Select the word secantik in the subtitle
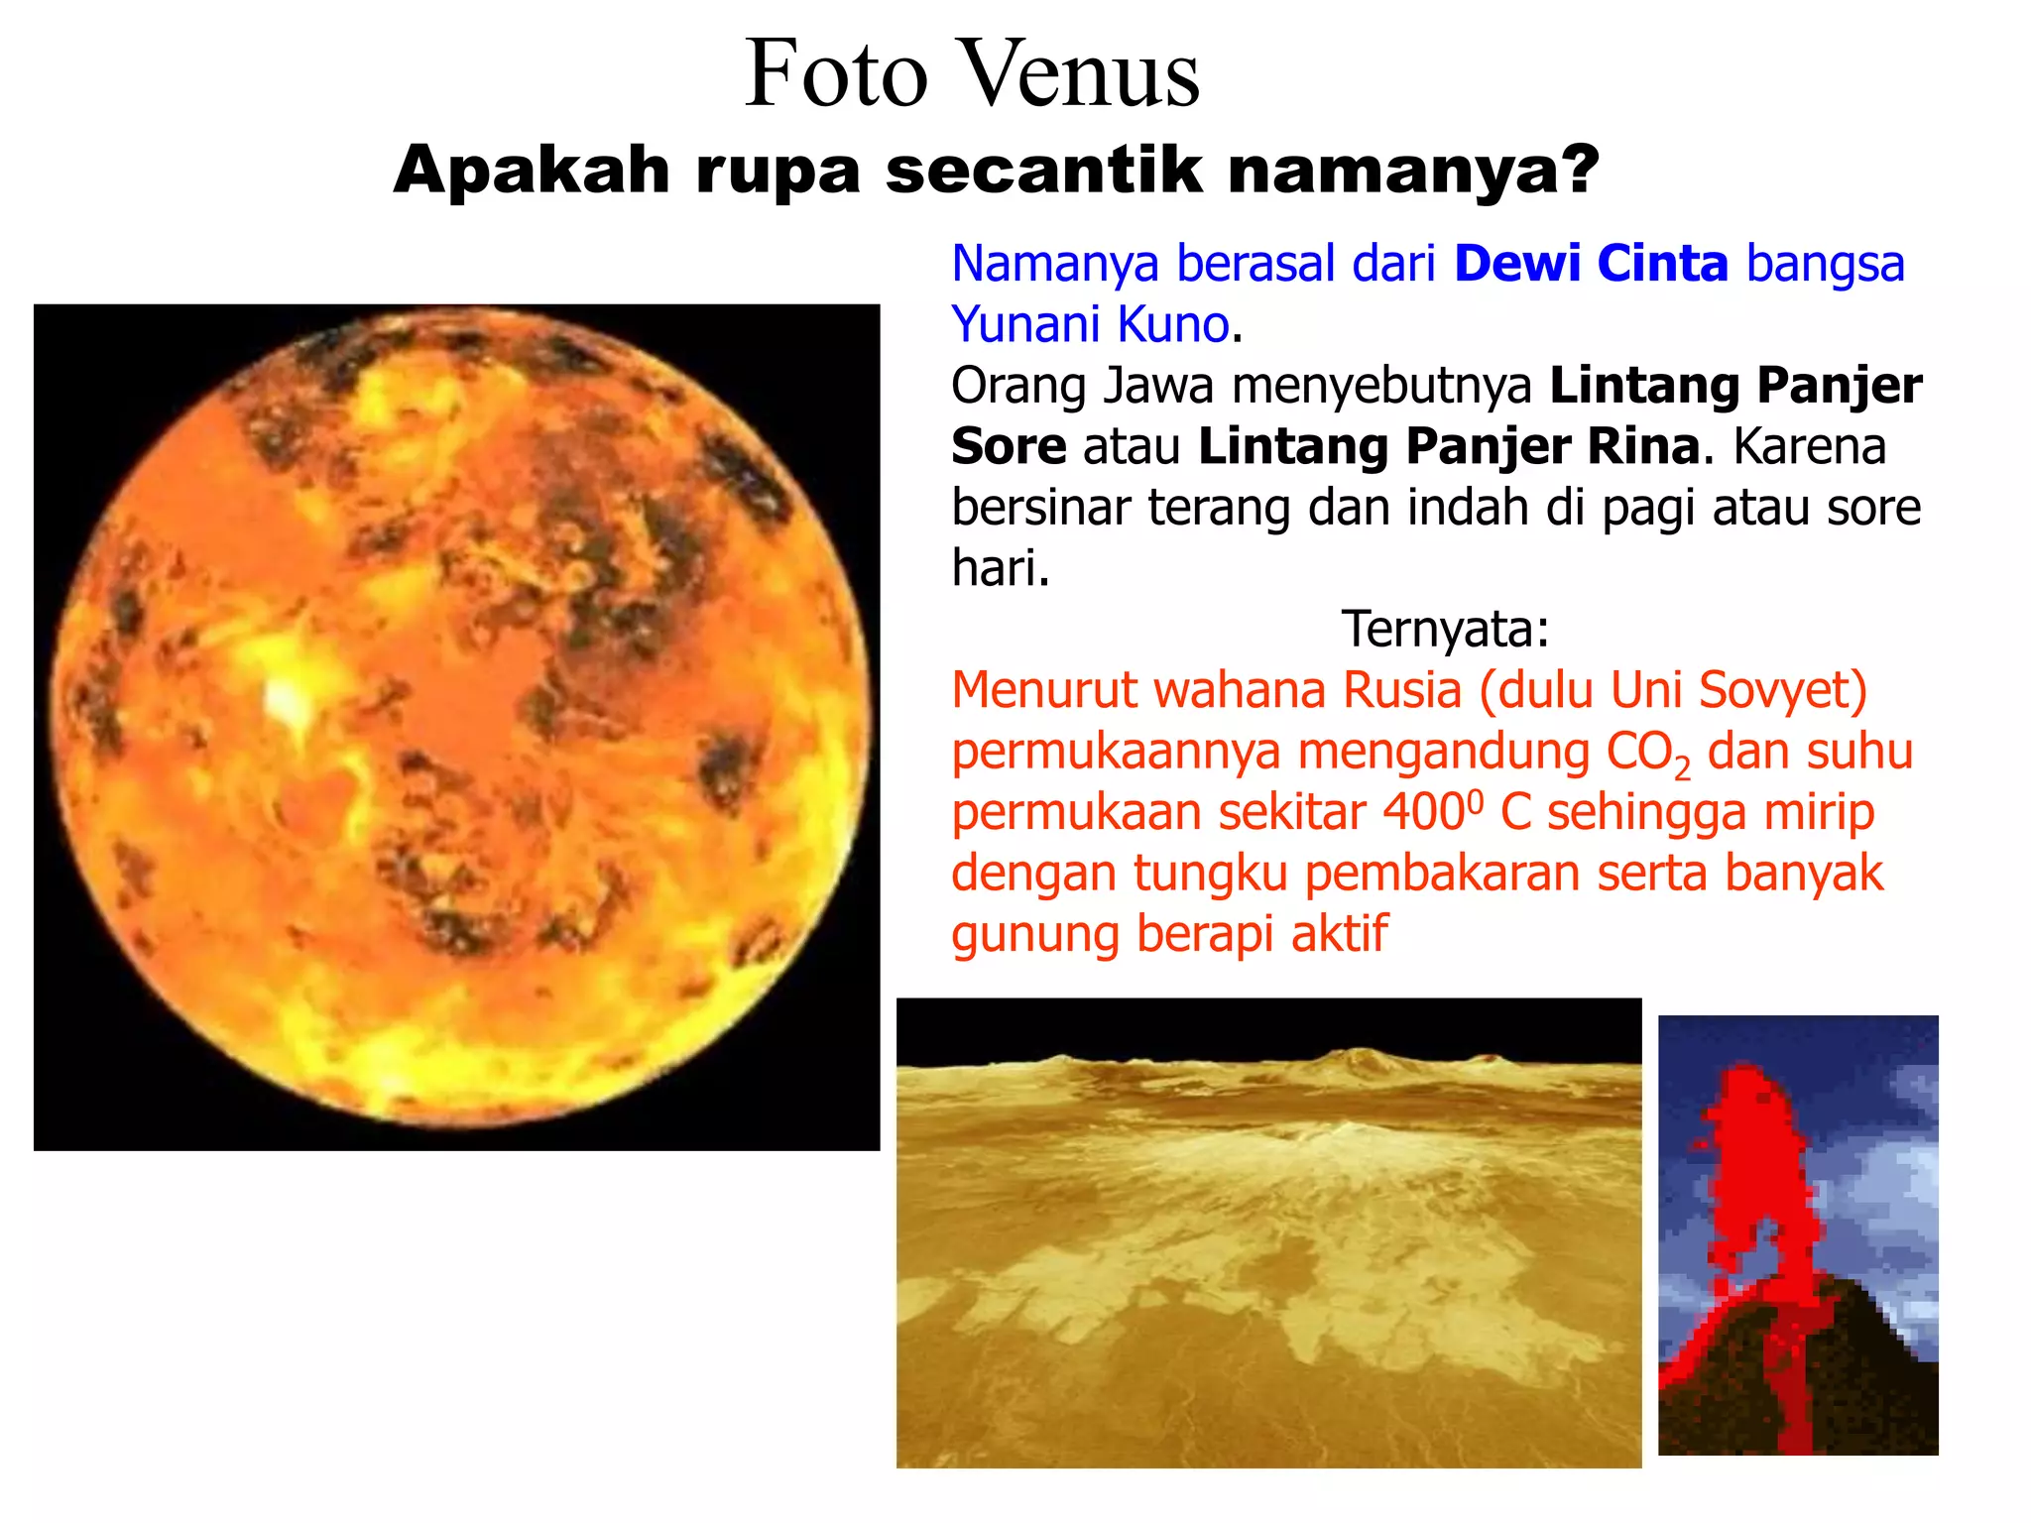click(1044, 171)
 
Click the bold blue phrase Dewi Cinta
click(1591, 265)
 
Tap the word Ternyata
click(1444, 629)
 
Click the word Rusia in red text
click(1401, 690)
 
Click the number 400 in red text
click(1424, 812)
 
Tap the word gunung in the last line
click(1034, 935)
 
